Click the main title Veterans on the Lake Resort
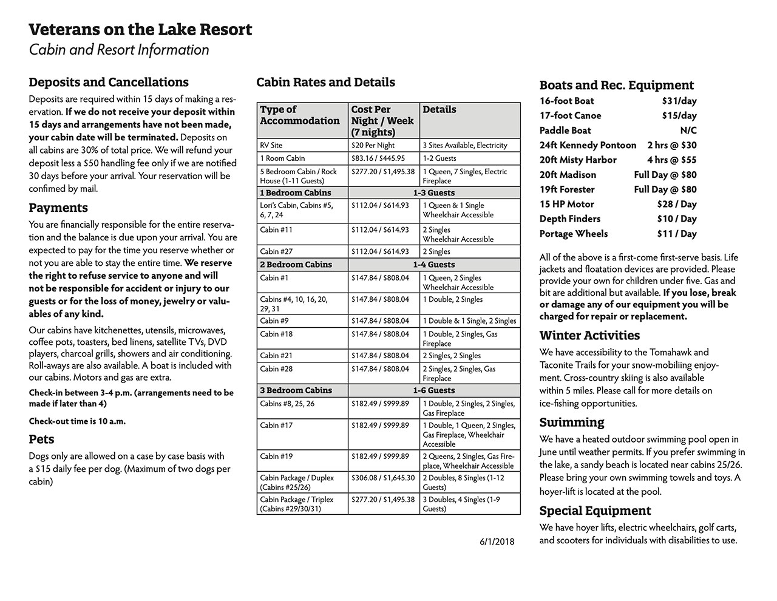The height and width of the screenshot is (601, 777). coord(140,29)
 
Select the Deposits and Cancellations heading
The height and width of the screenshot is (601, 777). coord(109,82)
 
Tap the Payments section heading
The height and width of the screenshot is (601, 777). coord(58,208)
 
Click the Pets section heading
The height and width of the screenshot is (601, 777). coord(41,439)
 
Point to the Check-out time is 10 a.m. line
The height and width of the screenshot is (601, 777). coord(77,421)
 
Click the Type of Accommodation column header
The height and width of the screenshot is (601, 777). coord(300,115)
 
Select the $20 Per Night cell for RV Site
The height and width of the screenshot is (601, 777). coord(373,145)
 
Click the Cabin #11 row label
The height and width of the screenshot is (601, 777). coord(276,229)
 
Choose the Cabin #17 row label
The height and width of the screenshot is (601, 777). coord(276,425)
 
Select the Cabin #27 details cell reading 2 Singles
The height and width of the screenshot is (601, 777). coord(436,251)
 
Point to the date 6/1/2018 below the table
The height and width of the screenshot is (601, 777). coord(497,541)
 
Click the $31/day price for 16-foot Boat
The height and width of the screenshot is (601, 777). coord(679,101)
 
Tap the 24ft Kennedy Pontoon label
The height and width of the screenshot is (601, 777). coord(588,145)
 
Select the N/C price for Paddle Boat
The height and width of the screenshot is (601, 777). coord(688,131)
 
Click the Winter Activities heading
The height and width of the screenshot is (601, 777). coord(589,335)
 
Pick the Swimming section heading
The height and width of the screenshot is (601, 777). coord(572,422)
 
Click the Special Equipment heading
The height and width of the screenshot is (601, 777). coord(595,511)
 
